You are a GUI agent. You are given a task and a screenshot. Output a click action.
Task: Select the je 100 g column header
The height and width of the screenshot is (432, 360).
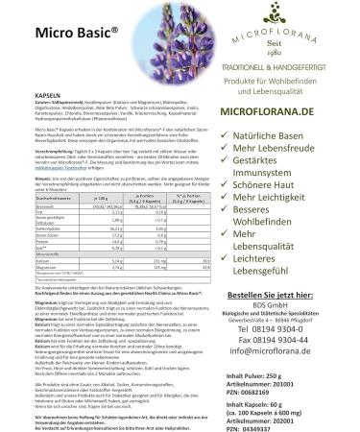click(96, 196)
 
